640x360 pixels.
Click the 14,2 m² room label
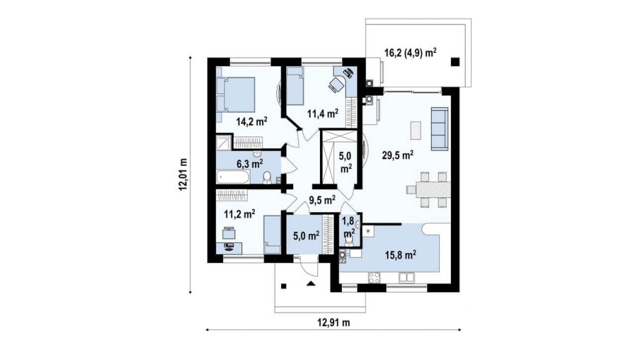coord(252,121)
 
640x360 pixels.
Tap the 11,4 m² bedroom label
coord(323,113)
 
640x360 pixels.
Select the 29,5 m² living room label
coord(398,155)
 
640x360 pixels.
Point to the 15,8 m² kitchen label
coord(400,255)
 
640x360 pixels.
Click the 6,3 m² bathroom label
coord(250,163)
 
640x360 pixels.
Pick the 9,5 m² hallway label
coord(322,200)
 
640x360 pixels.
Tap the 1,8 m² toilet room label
coord(349,227)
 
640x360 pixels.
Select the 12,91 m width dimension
coord(334,323)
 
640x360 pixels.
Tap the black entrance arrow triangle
coord(311,284)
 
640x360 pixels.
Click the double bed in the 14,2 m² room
coord(235,95)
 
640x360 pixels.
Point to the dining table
coord(433,190)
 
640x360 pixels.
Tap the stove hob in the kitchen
coord(374,277)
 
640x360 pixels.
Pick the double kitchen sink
coord(406,277)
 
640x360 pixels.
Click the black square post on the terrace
coord(455,62)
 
